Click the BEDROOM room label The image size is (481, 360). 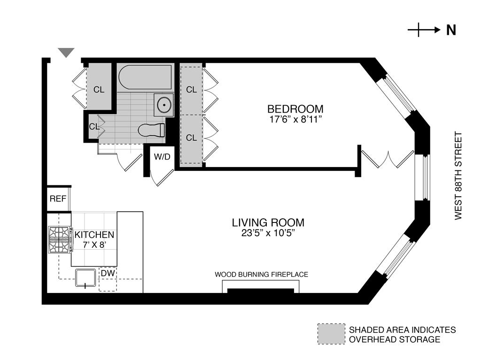coord(295,109)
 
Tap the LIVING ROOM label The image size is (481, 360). coord(268,222)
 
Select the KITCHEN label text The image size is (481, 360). coord(94,235)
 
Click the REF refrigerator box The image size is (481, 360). coord(58,199)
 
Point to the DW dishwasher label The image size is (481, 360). coord(108,273)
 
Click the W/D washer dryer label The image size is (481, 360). coord(162,157)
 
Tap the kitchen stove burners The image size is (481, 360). coord(60,240)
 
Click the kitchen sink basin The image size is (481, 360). coord(85,277)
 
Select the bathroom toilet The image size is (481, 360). coord(151,130)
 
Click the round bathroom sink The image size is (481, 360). coord(164,105)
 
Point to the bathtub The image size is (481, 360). coord(145,77)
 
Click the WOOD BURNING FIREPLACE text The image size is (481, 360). coord(261,275)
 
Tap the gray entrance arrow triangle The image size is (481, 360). coord(66,53)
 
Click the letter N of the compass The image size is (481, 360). coord(451,30)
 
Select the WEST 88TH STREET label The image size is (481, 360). coord(458,176)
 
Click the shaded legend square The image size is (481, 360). coord(331,334)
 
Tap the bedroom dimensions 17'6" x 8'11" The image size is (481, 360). coord(295,119)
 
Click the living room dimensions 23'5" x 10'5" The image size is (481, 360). coord(268,233)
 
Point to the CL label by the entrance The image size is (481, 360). coord(99,90)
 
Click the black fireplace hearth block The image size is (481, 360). coord(260,291)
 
